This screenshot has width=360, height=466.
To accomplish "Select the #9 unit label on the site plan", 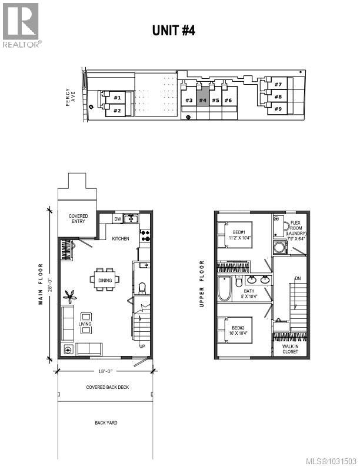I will [x=277, y=109].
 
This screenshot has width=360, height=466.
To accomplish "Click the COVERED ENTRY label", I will [x=78, y=219].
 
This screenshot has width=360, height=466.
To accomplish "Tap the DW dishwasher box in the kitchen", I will [x=118, y=219].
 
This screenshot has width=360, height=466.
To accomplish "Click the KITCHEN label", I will [x=121, y=239].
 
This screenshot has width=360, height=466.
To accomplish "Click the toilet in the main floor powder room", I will [x=142, y=288].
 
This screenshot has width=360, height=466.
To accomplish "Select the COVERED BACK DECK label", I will [x=107, y=387].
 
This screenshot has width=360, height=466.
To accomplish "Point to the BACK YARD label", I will [x=106, y=423].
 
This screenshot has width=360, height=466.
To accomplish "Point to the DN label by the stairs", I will [x=298, y=279].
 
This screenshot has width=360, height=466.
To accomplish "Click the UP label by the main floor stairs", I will [x=142, y=346].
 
